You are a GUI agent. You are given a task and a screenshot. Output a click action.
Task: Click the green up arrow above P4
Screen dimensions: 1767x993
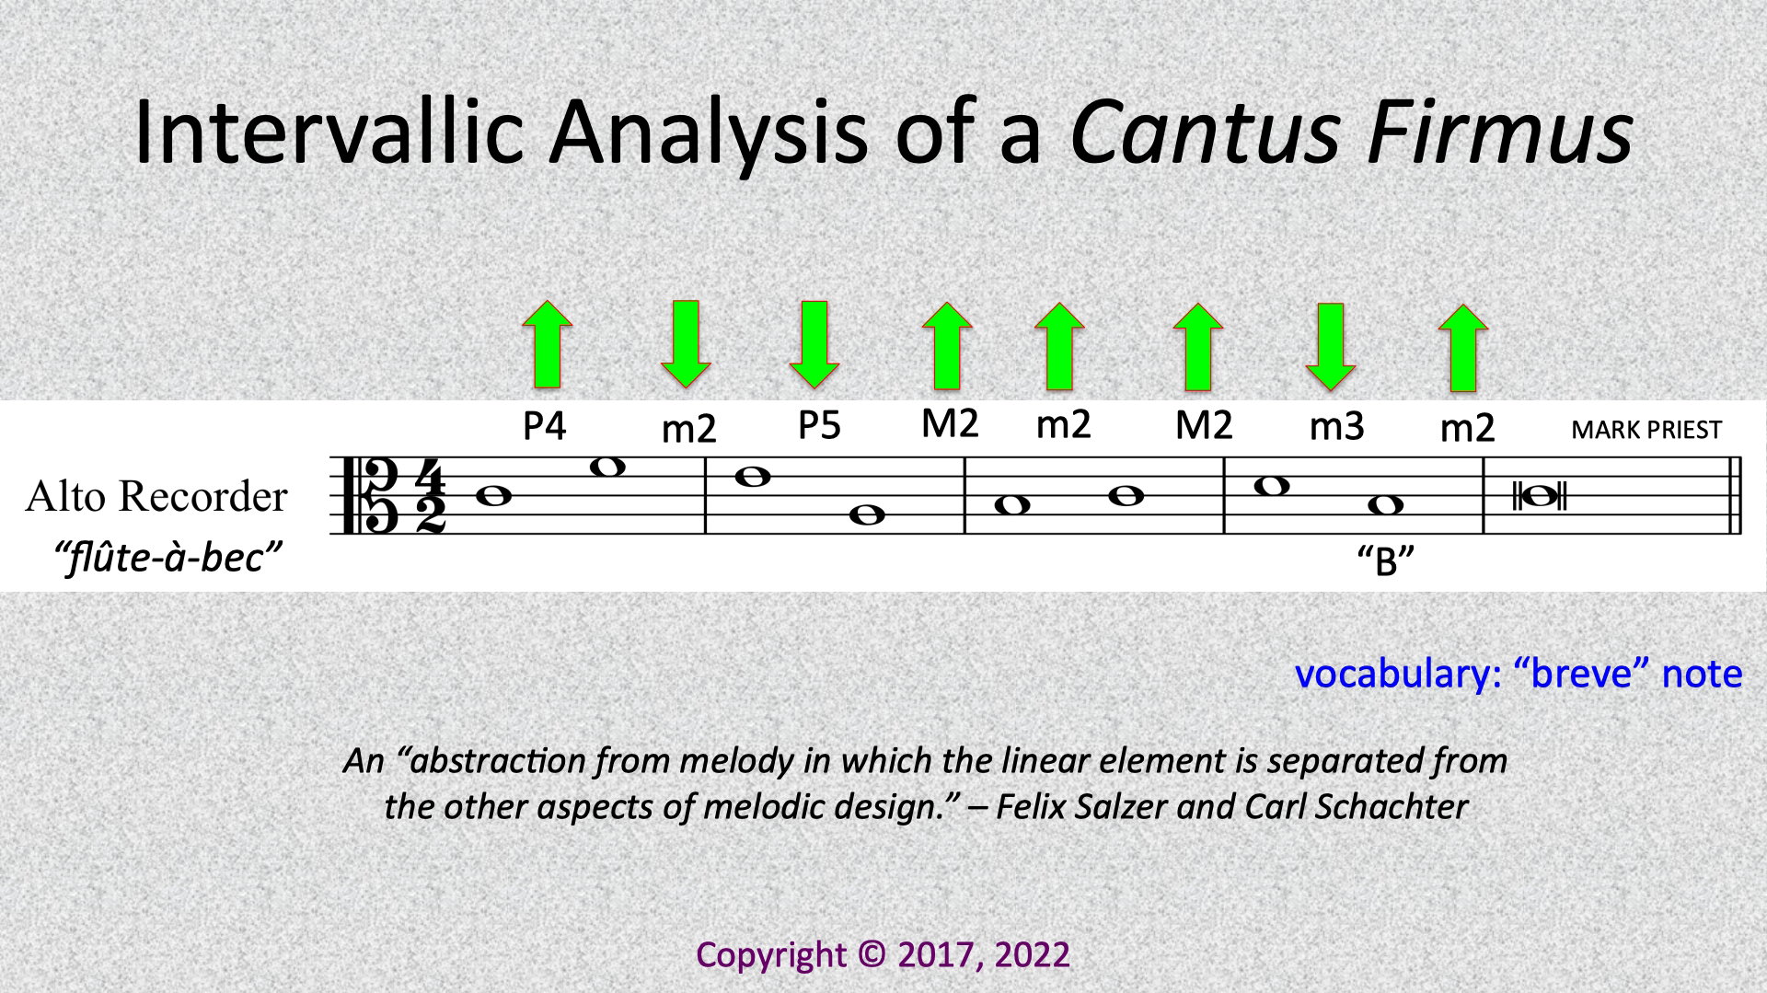tap(547, 344)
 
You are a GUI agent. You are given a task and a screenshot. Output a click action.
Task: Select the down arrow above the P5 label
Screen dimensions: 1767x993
tap(814, 344)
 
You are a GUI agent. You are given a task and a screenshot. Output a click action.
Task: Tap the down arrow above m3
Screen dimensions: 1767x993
tap(1331, 347)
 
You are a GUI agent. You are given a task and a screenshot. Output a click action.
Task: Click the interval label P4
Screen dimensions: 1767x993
tap(544, 426)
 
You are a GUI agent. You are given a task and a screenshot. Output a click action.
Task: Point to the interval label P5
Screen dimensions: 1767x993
tap(819, 425)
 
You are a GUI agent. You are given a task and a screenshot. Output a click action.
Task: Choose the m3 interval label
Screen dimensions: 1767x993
tap(1336, 426)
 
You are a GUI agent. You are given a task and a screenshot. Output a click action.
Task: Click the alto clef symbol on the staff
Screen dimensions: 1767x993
tap(370, 495)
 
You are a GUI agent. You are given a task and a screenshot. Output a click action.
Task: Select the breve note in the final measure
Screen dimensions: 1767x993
tap(1540, 497)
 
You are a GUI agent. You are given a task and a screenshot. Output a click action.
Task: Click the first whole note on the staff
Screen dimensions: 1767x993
tap(494, 496)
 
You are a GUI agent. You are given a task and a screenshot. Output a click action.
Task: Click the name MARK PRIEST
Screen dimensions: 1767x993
tap(1646, 430)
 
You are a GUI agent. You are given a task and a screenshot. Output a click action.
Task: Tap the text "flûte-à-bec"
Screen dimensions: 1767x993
tap(167, 558)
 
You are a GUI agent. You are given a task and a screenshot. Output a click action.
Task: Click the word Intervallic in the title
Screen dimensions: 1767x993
tap(329, 131)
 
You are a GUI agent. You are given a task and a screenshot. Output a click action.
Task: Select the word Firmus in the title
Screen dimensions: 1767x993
tap(1500, 131)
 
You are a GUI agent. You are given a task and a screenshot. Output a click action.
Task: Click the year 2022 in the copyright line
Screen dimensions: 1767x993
tap(1032, 955)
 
